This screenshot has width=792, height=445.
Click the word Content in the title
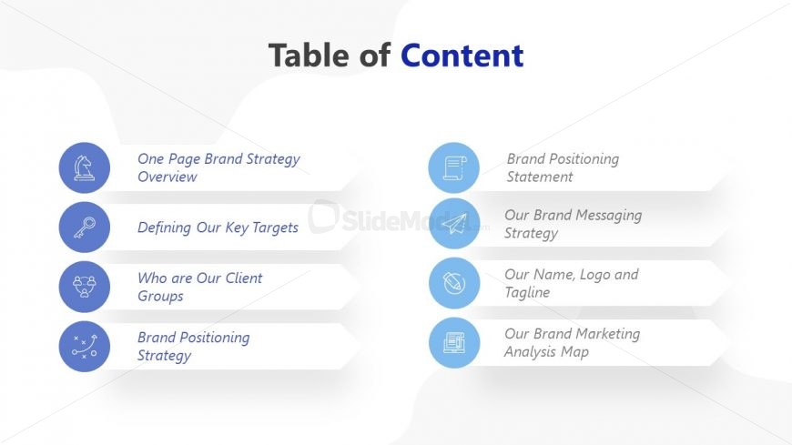click(462, 56)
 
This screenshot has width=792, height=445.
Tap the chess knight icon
click(85, 167)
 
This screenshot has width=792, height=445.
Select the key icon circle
click(85, 228)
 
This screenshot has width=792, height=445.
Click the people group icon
click(85, 287)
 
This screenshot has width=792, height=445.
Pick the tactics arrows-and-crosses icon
click(85, 346)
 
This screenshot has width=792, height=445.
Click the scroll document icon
click(453, 167)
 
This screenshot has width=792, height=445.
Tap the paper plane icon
click(453, 224)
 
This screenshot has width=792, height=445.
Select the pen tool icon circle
click(453, 283)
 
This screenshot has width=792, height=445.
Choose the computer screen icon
click(453, 342)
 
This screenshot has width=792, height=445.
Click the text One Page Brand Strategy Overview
click(218, 167)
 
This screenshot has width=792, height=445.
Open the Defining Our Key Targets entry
click(218, 228)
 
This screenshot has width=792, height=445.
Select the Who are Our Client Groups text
click(199, 287)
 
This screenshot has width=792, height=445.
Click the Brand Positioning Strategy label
click(193, 346)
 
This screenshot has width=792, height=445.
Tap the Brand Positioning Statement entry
click(563, 167)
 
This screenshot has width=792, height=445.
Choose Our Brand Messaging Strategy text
click(573, 224)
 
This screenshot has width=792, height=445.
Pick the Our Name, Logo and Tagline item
click(571, 283)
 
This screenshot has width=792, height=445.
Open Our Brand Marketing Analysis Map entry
click(572, 342)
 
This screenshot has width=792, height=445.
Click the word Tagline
click(527, 293)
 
